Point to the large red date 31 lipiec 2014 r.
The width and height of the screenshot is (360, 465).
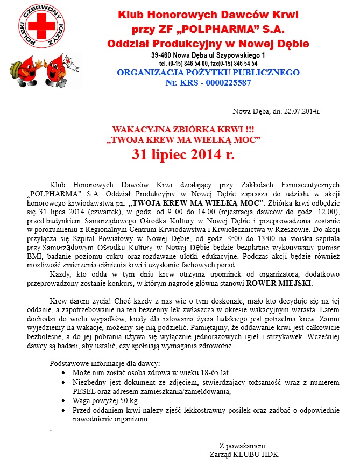coord(183,155)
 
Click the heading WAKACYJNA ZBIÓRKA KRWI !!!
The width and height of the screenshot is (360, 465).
coord(183,130)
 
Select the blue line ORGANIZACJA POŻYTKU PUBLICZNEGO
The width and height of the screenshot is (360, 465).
coord(208,72)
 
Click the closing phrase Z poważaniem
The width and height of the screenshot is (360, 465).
coord(242,446)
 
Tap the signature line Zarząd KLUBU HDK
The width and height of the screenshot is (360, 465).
coord(240,454)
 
